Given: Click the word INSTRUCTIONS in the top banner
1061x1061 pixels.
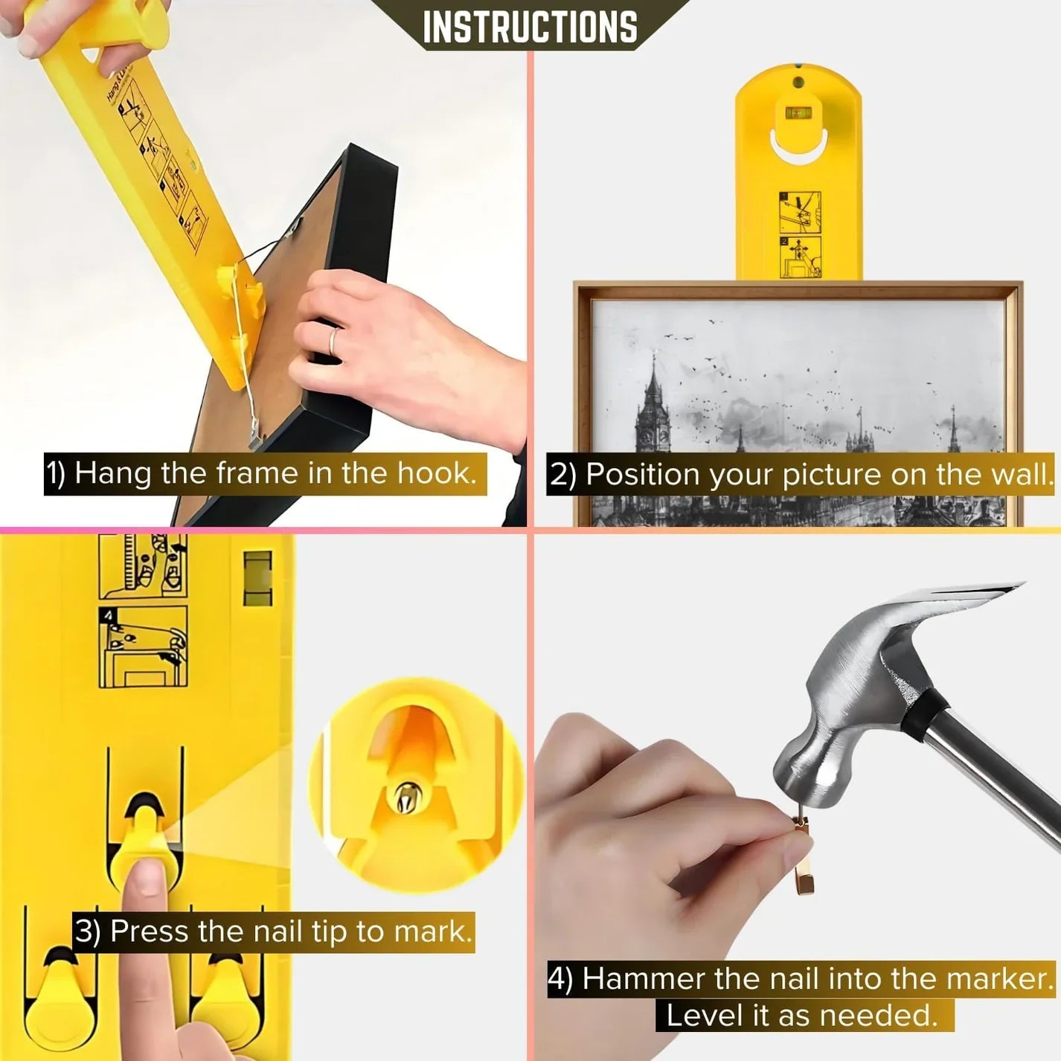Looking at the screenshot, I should (530, 27).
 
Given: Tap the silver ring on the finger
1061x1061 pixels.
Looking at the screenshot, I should (334, 342).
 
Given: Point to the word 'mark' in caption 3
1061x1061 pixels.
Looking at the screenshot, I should (432, 932).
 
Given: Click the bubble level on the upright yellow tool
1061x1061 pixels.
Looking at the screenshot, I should (798, 114).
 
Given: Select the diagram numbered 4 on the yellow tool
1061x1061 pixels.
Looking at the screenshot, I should (143, 647).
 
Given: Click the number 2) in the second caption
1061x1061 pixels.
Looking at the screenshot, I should (562, 475).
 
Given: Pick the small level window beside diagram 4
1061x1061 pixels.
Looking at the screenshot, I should (258, 577).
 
